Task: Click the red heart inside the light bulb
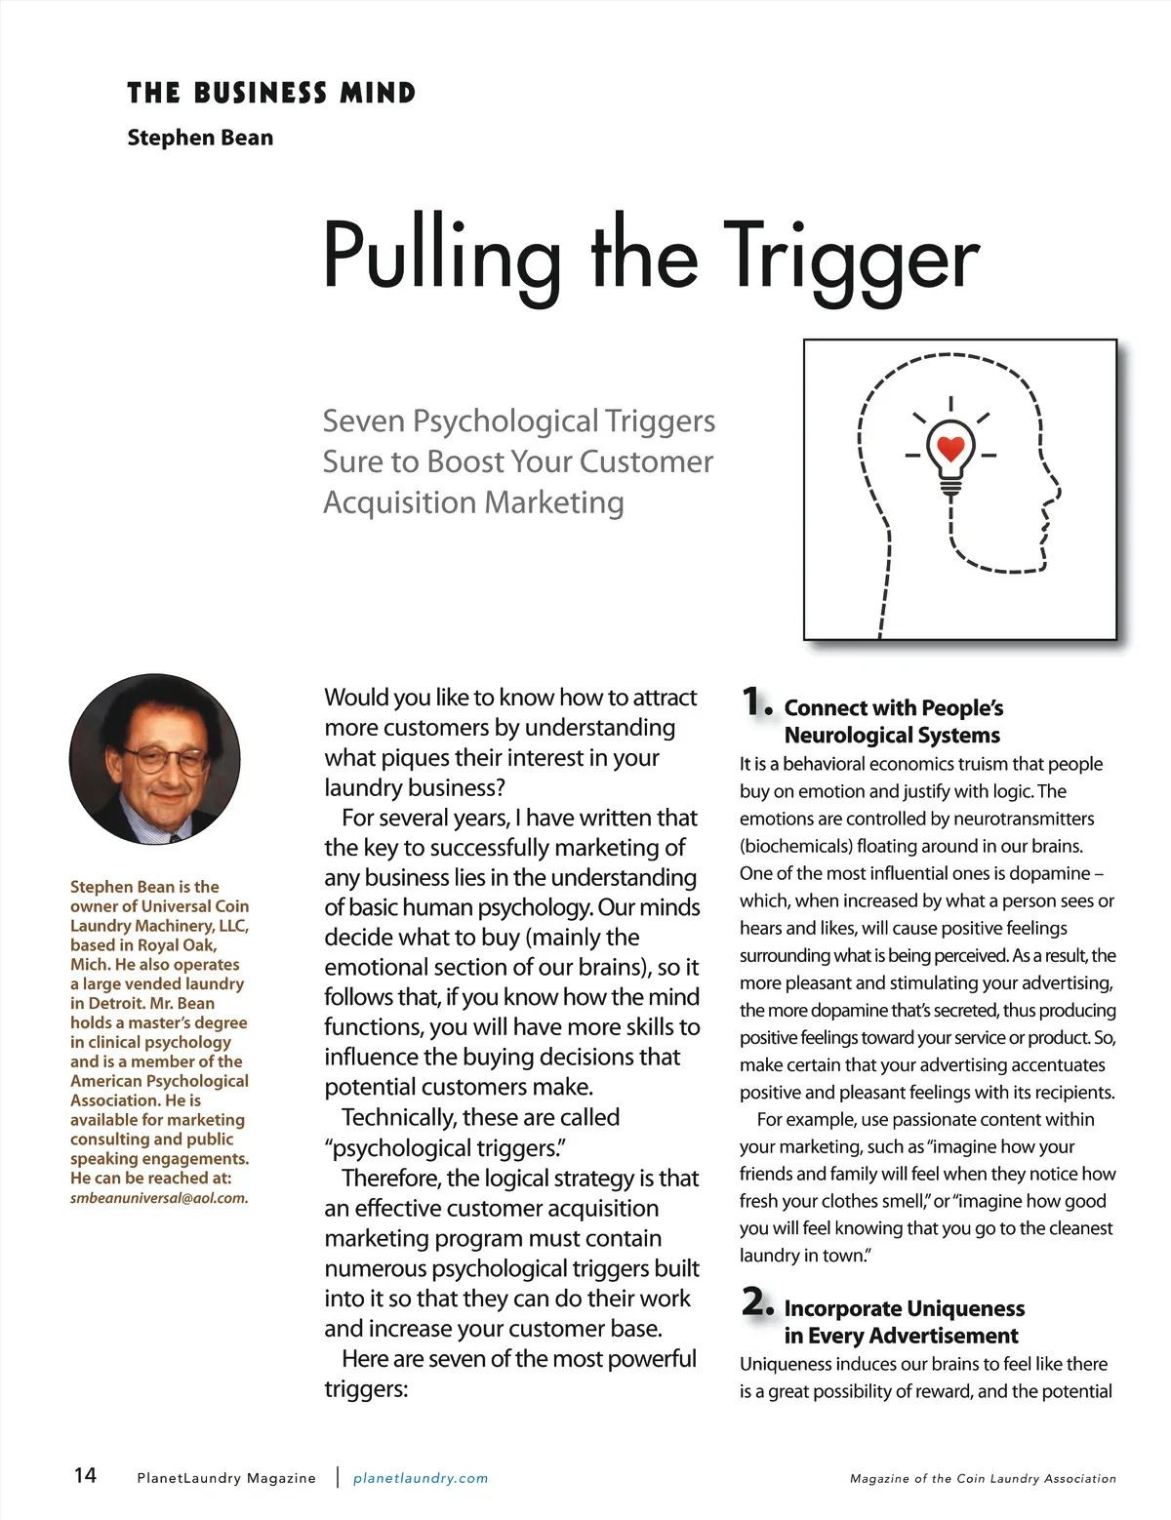(950, 448)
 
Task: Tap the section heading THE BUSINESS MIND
(271, 94)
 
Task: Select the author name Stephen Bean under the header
(200, 138)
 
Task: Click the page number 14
(86, 1474)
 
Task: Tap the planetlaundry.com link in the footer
(421, 1478)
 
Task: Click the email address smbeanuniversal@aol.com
(159, 1198)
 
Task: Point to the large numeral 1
(753, 701)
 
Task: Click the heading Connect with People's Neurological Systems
(893, 721)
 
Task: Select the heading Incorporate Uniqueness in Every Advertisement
(904, 1322)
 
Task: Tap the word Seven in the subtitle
(363, 421)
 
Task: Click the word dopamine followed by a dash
(1047, 873)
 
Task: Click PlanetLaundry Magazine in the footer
(226, 1478)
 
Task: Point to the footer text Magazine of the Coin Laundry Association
(983, 1479)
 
